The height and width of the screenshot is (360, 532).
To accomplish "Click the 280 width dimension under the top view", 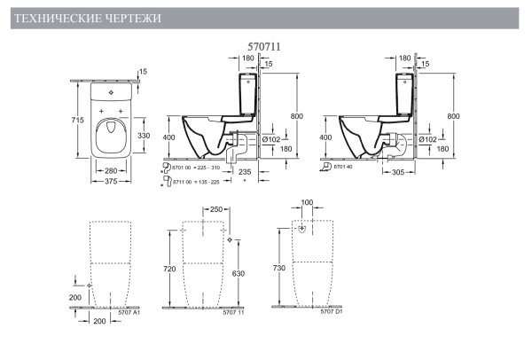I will click(x=111, y=170).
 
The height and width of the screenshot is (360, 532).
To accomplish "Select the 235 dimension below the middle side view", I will click(x=246, y=171).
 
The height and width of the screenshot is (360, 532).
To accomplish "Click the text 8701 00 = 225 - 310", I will click(x=199, y=166).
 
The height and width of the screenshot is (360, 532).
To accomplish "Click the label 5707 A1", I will click(x=129, y=314).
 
